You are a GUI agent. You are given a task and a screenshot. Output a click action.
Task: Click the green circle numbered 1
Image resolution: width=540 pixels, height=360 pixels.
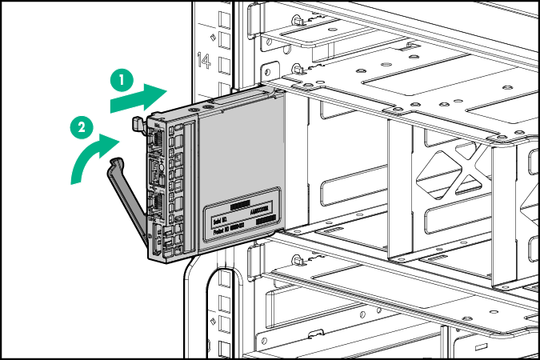pyautogui.click(x=121, y=79)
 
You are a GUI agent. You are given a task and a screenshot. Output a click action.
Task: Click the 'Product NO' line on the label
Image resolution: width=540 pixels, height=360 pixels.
pyautogui.click(x=227, y=229)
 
